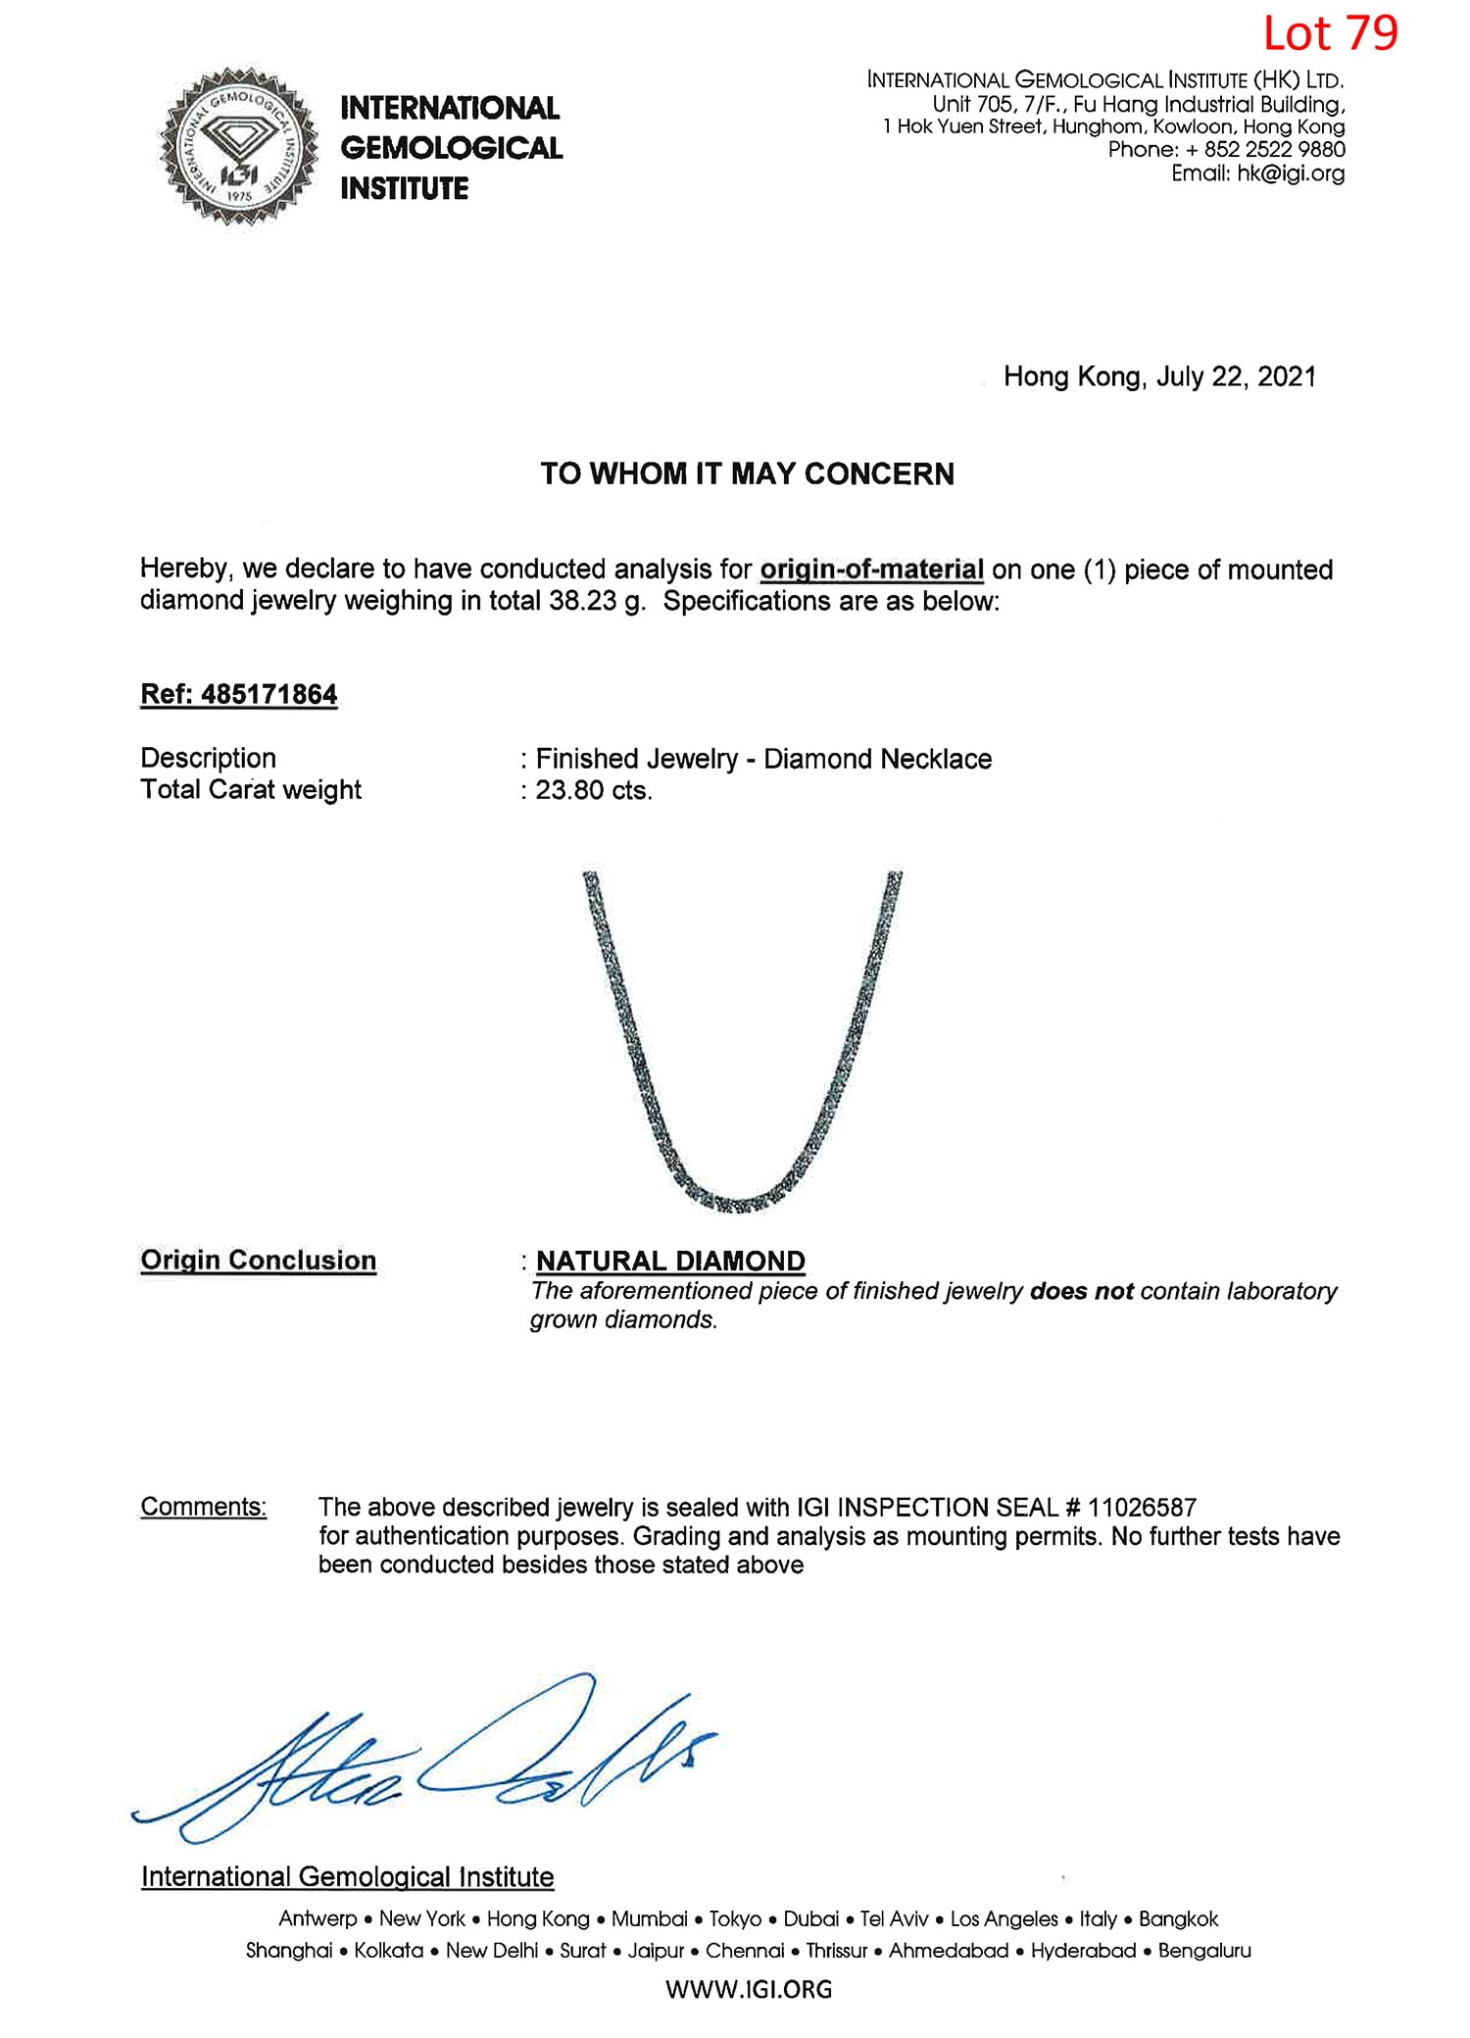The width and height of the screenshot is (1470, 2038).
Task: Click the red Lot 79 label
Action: click(1330, 34)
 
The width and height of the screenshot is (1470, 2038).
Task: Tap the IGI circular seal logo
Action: click(238, 147)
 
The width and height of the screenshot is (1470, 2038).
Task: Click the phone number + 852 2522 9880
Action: click(1264, 150)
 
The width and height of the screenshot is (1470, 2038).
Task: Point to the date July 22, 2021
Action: click(1236, 377)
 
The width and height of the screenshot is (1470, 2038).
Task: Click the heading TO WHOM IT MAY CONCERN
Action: click(747, 474)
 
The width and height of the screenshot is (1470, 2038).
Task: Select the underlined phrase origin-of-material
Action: click(871, 570)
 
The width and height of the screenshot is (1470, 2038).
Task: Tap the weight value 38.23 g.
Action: click(597, 601)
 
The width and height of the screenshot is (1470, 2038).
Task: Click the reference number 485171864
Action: click(269, 694)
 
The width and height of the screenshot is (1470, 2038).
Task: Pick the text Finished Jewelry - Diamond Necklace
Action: click(763, 759)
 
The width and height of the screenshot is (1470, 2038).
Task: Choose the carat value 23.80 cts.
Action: click(593, 790)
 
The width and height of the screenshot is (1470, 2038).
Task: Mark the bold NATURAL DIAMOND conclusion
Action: click(670, 1261)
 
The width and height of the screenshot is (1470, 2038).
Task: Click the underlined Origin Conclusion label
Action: click(258, 1261)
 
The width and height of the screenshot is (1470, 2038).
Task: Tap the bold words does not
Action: click(1081, 1291)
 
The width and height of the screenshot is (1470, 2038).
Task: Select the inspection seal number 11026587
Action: click(1142, 1507)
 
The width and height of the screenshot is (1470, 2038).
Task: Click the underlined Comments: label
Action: click(203, 1507)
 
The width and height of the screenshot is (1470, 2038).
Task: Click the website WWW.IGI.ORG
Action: click(749, 1989)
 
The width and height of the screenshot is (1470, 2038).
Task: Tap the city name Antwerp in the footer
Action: click(318, 1919)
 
